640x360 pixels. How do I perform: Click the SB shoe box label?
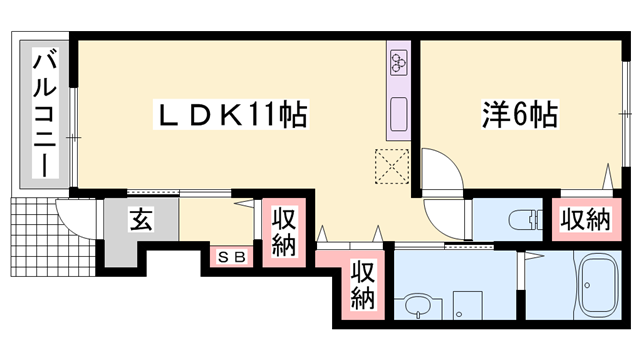click(x=232, y=256)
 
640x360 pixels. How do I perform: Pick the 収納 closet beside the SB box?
click(x=284, y=232)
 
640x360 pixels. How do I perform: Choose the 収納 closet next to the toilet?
click(x=584, y=219)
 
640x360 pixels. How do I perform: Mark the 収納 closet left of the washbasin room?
click(x=362, y=284)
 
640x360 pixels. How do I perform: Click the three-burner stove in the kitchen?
click(x=399, y=64)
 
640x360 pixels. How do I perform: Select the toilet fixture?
click(x=520, y=218)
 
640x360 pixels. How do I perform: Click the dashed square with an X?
click(x=390, y=166)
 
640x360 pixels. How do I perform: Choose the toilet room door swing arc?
click(x=445, y=218)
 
